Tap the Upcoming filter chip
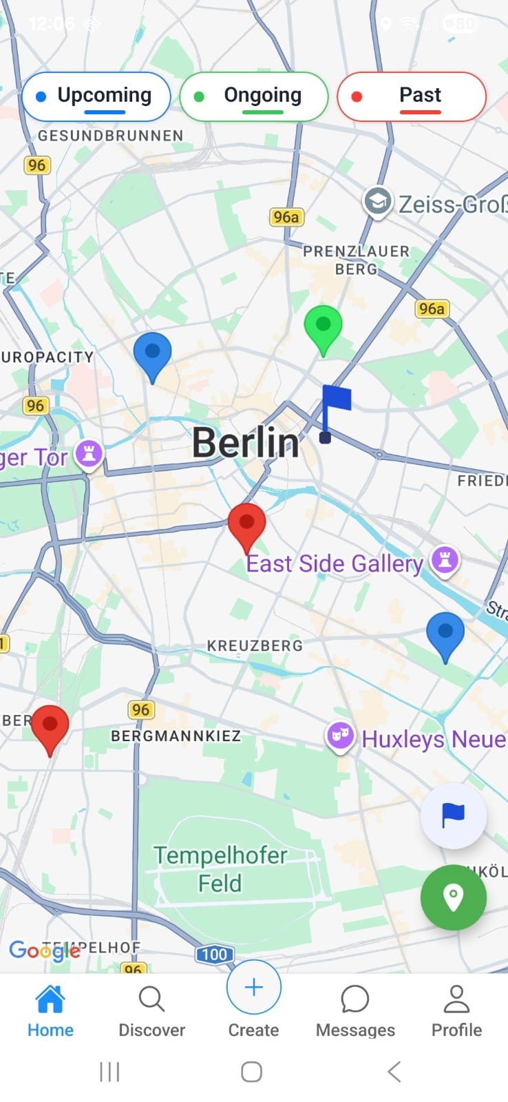96,96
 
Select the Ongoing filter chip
253,96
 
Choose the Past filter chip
412,96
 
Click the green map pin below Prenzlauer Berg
323,326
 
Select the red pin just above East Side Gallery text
246,525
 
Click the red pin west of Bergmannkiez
50,727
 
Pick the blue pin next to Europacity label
152,353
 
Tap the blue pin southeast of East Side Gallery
445,634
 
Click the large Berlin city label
246,443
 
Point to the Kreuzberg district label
255,646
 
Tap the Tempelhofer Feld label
220,869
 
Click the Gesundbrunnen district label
111,136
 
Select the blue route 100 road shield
215,955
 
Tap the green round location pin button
454,897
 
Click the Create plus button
253,988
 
